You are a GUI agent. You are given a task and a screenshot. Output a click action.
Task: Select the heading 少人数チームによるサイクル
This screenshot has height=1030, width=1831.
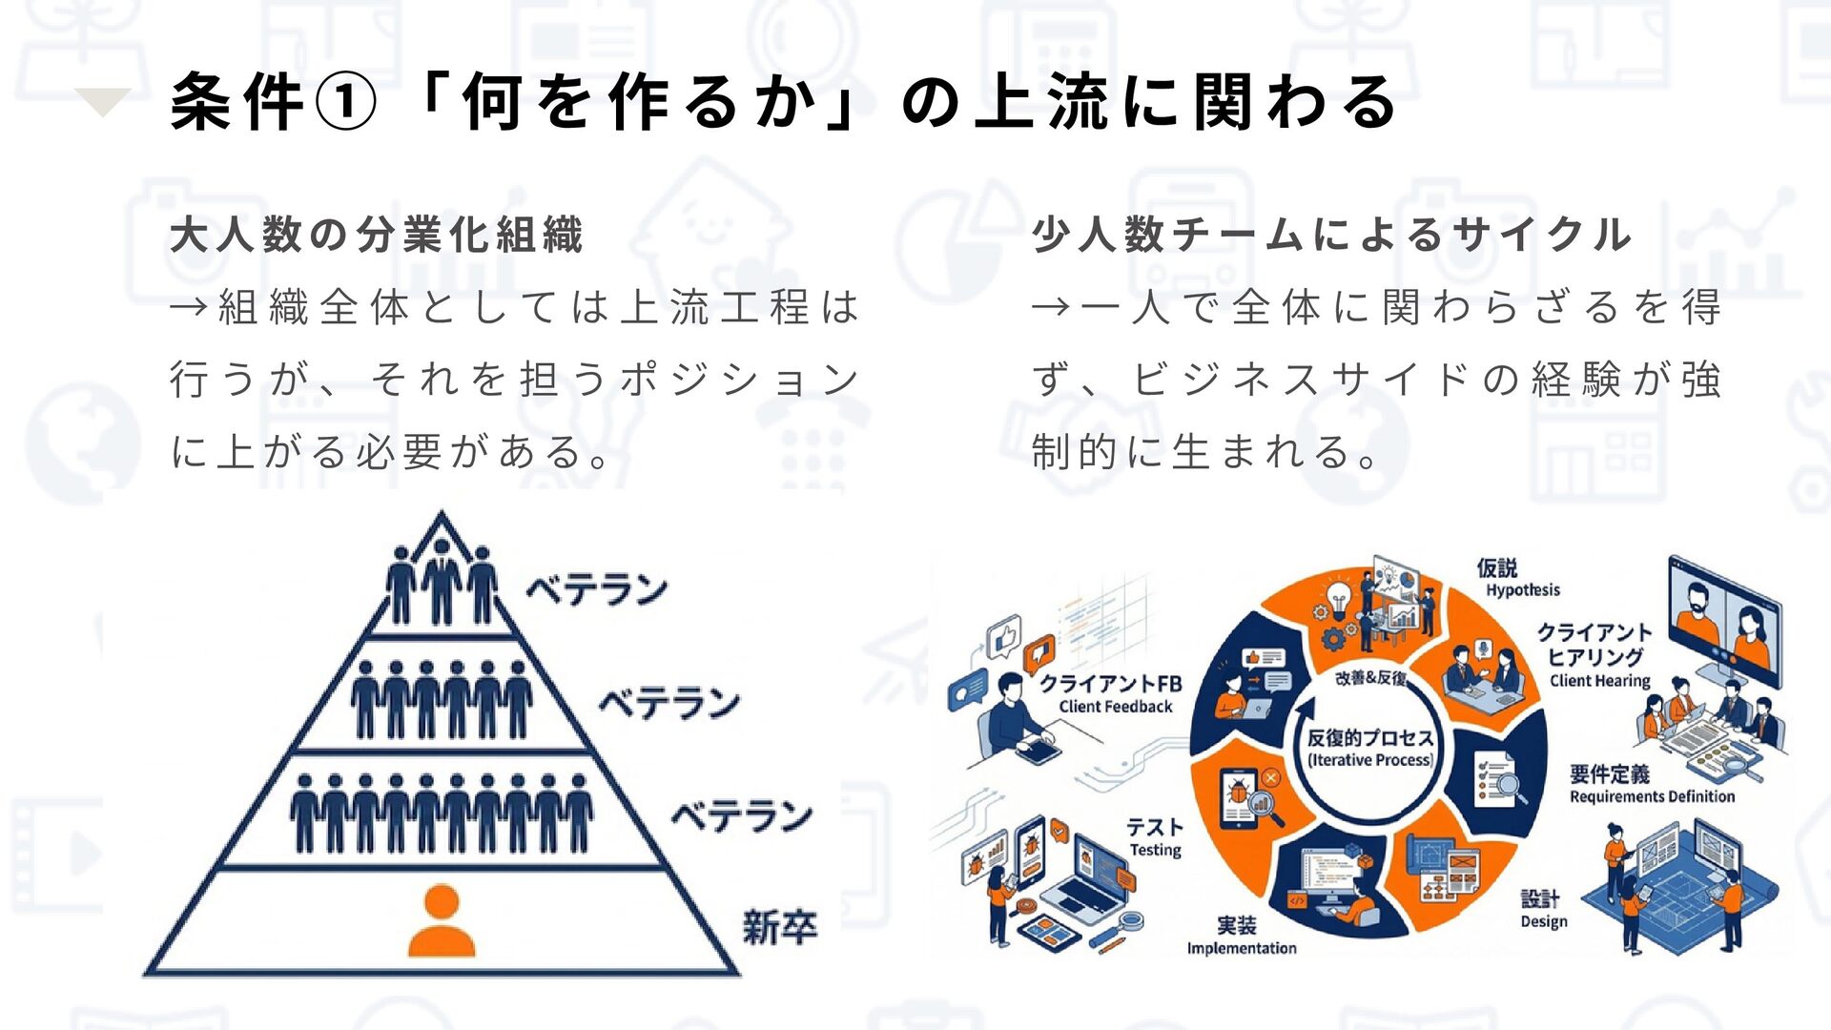tap(1331, 236)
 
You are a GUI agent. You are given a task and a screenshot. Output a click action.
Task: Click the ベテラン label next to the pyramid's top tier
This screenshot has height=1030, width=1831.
tap(597, 589)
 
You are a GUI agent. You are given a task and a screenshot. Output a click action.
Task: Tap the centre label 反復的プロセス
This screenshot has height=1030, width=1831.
tap(1369, 738)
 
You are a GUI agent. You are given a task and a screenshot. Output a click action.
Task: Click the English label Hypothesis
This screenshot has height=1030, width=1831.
tap(1523, 590)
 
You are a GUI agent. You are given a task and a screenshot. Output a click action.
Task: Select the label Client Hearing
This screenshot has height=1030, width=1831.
tap(1599, 681)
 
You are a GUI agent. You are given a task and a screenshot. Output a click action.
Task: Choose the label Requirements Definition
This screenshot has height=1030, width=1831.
tap(1652, 796)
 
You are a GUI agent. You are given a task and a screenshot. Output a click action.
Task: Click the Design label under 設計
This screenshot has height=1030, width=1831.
tap(1543, 921)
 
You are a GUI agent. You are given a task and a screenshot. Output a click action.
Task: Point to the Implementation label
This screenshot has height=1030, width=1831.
tap(1241, 948)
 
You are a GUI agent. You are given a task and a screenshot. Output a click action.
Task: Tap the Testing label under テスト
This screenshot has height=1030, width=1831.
tap(1155, 850)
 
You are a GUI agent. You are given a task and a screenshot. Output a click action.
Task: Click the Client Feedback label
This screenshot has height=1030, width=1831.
tap(1115, 707)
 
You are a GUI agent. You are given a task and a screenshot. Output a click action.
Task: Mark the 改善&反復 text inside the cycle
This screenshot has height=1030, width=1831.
tap(1370, 678)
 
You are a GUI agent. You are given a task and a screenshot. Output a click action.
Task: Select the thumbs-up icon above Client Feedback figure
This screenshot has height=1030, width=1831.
tap(1003, 636)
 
